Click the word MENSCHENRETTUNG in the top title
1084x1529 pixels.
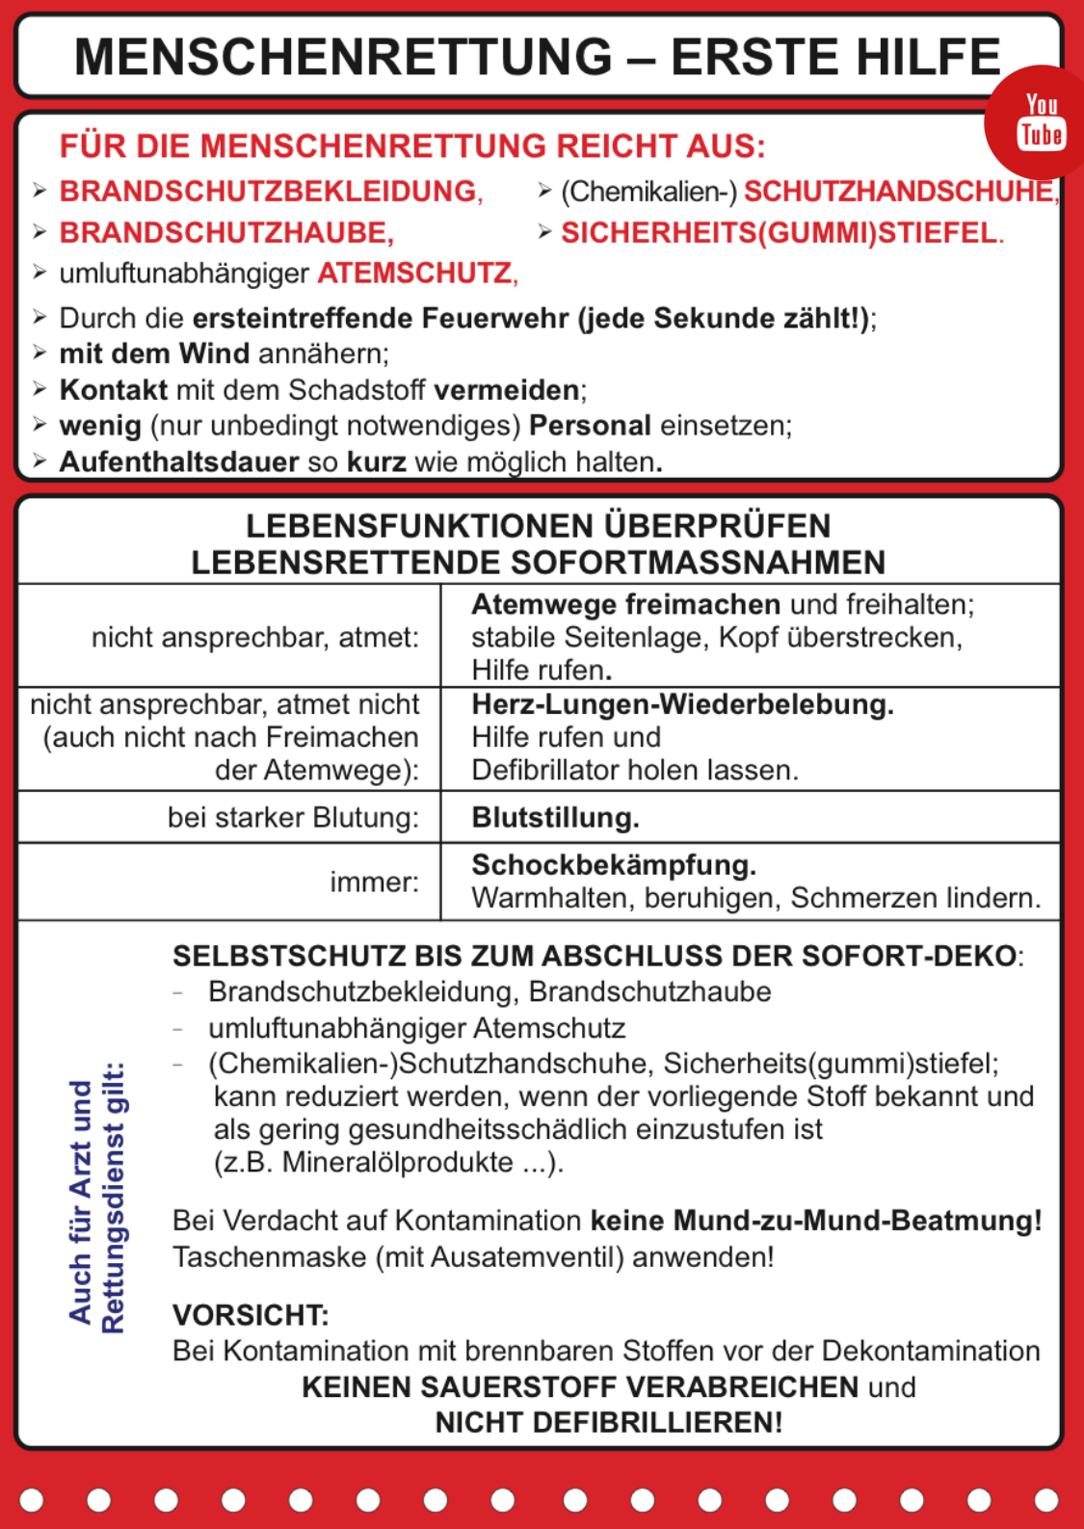(343, 57)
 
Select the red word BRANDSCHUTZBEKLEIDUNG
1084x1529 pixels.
(269, 192)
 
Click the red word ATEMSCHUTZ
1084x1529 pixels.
(415, 274)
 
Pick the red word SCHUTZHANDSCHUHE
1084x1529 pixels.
(899, 192)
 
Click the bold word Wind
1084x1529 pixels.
(214, 354)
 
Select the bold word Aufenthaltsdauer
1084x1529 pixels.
(179, 462)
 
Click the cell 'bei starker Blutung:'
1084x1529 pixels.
(293, 818)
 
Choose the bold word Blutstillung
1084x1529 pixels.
(554, 818)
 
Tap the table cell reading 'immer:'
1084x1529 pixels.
(374, 882)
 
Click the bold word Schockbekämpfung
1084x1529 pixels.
(613, 865)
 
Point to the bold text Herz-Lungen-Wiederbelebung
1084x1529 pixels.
(681, 704)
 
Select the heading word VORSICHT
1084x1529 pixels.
(250, 1315)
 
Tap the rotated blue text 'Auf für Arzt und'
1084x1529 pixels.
(81, 1200)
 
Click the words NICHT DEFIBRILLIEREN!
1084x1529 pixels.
(608, 1422)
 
